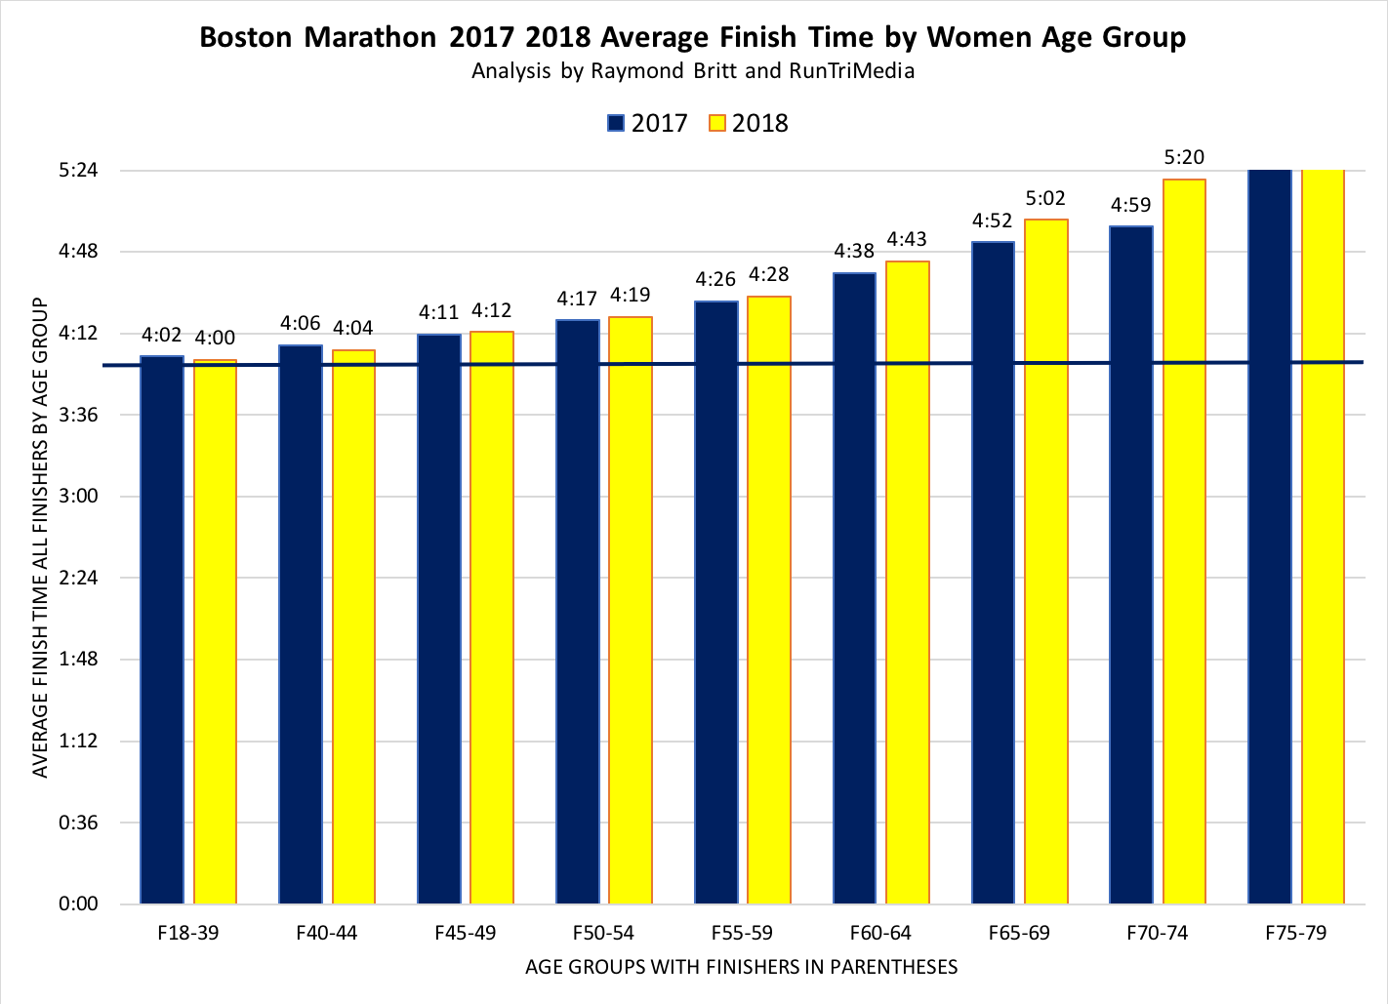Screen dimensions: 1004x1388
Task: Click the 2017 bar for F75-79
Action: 1270,537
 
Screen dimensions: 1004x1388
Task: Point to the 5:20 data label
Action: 1184,157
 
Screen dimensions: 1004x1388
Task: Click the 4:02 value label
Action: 162,336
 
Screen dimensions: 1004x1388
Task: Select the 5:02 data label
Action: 1045,199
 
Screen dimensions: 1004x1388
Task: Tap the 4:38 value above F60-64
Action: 854,252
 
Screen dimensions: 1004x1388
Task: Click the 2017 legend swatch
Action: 616,123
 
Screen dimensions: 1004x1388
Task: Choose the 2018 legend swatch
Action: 717,123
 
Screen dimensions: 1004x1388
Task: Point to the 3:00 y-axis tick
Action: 78,497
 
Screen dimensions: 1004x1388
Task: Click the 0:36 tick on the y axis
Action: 78,823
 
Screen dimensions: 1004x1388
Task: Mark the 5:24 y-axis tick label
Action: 78,171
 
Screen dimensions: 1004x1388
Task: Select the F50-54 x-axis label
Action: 603,933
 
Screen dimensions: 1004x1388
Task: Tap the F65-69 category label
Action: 1019,933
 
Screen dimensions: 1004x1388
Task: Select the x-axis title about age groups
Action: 741,968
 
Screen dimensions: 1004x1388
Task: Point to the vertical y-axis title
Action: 40,538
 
